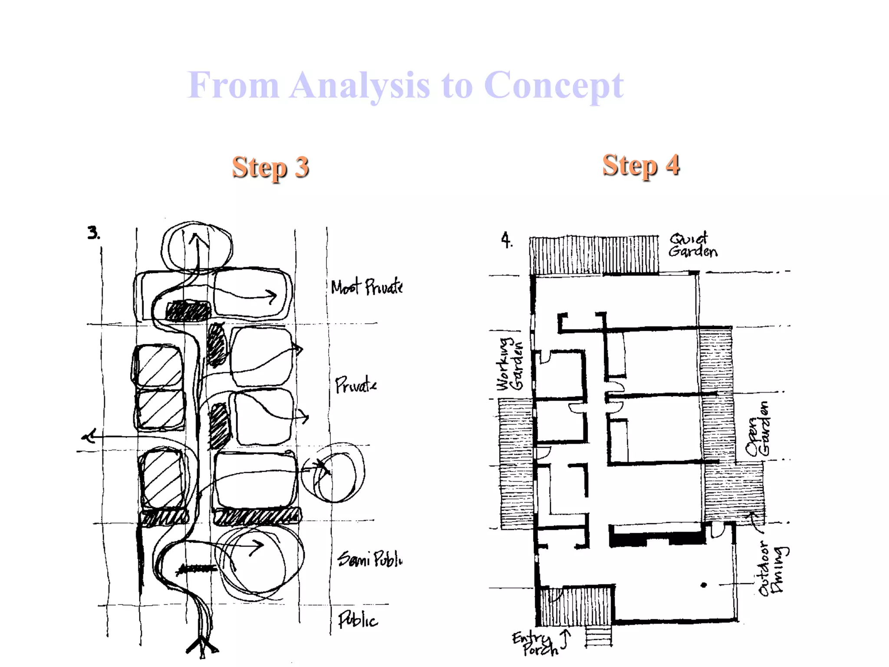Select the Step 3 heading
(x=270, y=167)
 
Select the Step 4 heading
(x=641, y=165)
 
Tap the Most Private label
(x=366, y=287)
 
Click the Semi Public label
(x=370, y=559)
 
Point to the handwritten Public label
(x=358, y=620)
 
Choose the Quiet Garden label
(x=692, y=245)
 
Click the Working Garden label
(x=510, y=364)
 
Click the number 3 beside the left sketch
(x=93, y=233)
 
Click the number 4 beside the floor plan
(x=506, y=240)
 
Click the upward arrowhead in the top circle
(x=198, y=238)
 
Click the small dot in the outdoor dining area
(x=704, y=585)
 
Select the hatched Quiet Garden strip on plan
(x=593, y=255)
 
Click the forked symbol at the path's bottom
(x=202, y=647)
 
